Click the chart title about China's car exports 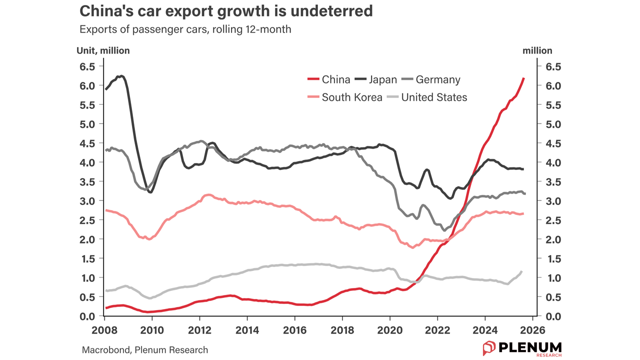point(226,11)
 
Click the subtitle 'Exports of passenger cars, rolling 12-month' point(185,29)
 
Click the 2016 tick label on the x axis point(294,330)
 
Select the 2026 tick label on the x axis point(532,330)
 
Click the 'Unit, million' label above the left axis point(103,50)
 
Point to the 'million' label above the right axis point(537,50)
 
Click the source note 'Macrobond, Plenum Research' point(145,350)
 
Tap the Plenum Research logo point(522,348)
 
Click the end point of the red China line point(523,78)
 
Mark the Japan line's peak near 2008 point(121,76)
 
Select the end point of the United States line point(522,271)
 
